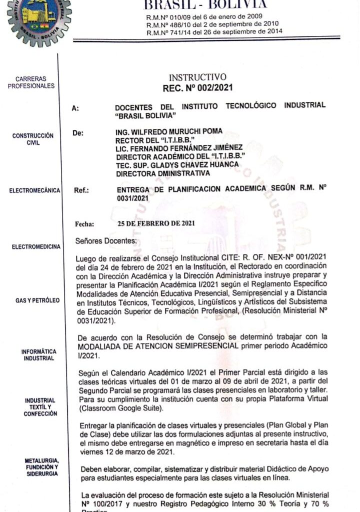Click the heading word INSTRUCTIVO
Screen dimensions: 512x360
pyautogui.click(x=197, y=77)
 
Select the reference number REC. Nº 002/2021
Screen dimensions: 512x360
pyautogui.click(x=197, y=88)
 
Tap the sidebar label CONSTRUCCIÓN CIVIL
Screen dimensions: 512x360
pyautogui.click(x=33, y=139)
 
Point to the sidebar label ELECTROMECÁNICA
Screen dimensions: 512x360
pyautogui.click(x=34, y=190)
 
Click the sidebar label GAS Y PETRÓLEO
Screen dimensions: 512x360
pyautogui.click(x=37, y=300)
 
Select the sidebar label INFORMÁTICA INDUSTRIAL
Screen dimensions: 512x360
pyautogui.click(x=38, y=355)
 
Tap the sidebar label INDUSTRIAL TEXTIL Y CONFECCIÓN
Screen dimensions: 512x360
pyautogui.click(x=40, y=407)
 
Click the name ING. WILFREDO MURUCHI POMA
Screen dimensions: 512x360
pyautogui.click(x=169, y=131)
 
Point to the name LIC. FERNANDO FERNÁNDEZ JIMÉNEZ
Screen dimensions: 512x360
pyautogui.click(x=179, y=147)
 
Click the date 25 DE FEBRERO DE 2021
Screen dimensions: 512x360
pyautogui.click(x=156, y=223)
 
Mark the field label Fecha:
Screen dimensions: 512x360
pyautogui.click(x=84, y=224)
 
